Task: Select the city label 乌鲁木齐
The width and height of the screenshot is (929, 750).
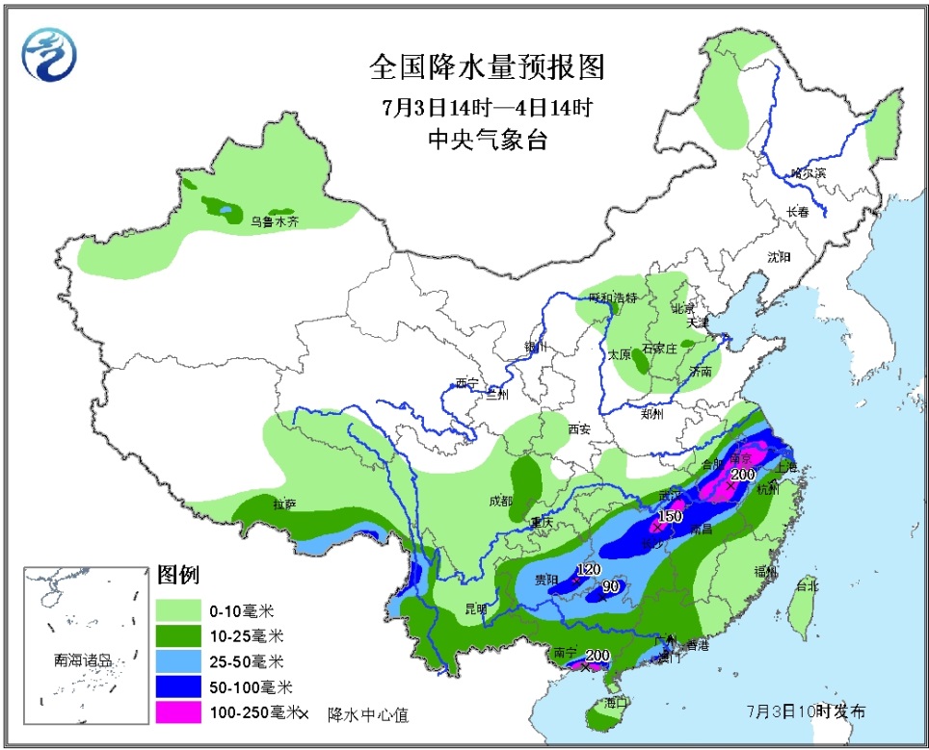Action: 276,221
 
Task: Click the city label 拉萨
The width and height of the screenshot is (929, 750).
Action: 284,504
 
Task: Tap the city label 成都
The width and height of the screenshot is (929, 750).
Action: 500,500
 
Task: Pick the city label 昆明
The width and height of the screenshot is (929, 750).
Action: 477,608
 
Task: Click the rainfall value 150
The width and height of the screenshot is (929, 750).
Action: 670,516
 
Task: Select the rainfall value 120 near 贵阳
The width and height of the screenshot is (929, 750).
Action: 588,569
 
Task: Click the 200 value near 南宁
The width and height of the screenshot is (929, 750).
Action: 597,656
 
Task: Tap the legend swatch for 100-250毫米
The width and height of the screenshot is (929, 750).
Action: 178,712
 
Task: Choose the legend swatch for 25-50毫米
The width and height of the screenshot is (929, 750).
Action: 178,661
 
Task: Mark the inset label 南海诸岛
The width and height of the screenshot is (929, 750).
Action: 83,661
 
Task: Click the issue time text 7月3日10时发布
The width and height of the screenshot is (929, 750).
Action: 806,711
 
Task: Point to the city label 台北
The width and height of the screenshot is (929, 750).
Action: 806,585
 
